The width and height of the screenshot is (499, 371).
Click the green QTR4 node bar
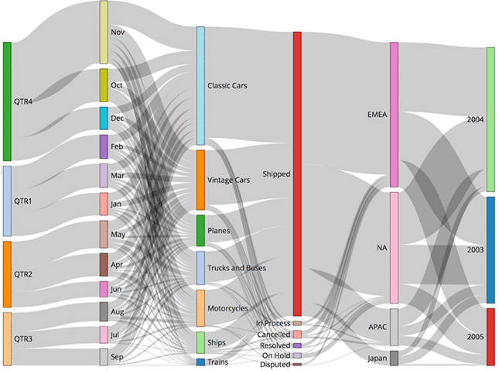point(8,101)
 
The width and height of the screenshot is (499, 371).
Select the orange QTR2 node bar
point(8,274)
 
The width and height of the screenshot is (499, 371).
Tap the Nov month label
point(118,33)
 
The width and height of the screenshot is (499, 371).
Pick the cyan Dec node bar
point(104,118)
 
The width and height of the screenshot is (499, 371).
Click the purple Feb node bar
point(104,146)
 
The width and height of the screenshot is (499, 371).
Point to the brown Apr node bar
point(104,264)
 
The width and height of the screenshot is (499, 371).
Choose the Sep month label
point(118,357)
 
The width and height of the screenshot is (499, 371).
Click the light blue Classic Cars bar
point(200,85)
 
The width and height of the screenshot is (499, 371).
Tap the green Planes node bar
point(200,231)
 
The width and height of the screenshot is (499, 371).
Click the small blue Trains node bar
point(200,362)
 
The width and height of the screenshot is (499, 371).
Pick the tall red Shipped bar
point(297,173)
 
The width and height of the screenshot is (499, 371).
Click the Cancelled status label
point(274,334)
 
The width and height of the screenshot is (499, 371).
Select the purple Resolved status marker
point(297,345)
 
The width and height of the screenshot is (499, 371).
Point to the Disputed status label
point(275,364)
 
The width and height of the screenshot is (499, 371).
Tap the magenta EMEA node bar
point(394,114)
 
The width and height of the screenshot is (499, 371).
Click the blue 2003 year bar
point(490,249)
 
